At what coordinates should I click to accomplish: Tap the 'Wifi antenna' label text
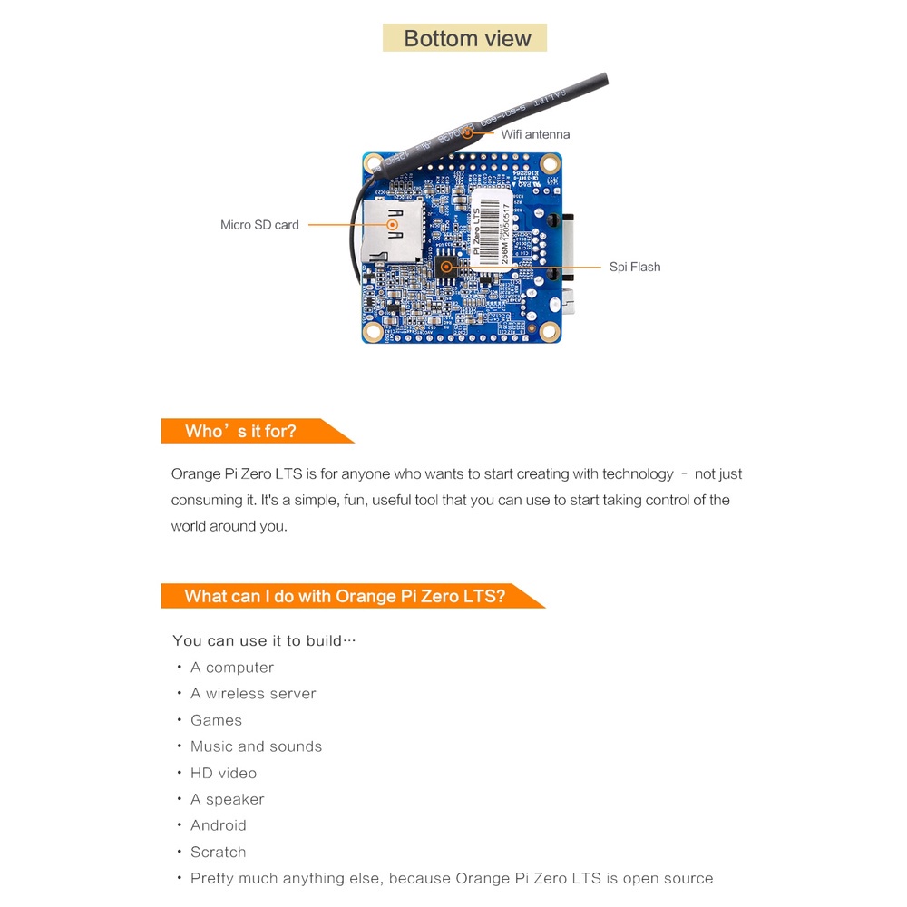click(x=535, y=134)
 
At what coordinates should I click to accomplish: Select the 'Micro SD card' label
click(x=259, y=225)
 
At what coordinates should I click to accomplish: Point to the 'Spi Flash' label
click(x=635, y=267)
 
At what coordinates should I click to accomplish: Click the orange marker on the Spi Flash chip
click(x=446, y=267)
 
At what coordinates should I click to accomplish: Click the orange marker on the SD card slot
click(x=392, y=223)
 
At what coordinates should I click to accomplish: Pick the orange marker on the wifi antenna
click(x=468, y=133)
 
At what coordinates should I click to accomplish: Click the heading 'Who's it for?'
click(x=240, y=431)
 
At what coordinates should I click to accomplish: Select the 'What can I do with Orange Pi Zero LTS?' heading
click(x=345, y=596)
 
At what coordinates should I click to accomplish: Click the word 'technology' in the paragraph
click(x=638, y=473)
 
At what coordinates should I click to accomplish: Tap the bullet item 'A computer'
click(x=231, y=668)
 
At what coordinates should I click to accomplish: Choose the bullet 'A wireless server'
click(x=253, y=694)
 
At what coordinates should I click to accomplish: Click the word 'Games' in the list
click(x=216, y=720)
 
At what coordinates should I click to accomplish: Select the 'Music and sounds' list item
click(x=256, y=746)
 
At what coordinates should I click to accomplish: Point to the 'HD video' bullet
click(x=223, y=773)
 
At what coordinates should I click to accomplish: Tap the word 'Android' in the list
click(x=218, y=825)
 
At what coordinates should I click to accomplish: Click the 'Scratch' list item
click(x=218, y=852)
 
